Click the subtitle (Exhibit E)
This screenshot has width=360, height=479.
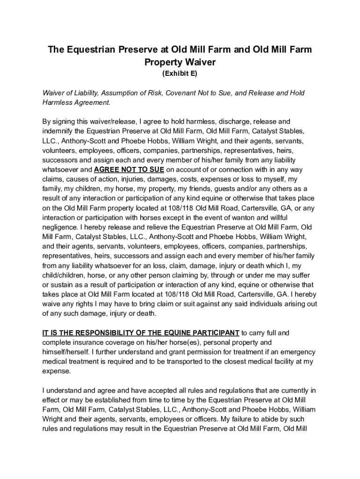click(x=180, y=74)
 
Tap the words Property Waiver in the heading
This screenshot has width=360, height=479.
click(x=180, y=62)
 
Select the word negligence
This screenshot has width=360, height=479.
click(x=61, y=226)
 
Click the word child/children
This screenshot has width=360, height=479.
click(x=65, y=275)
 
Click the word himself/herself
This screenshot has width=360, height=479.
click(x=65, y=352)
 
